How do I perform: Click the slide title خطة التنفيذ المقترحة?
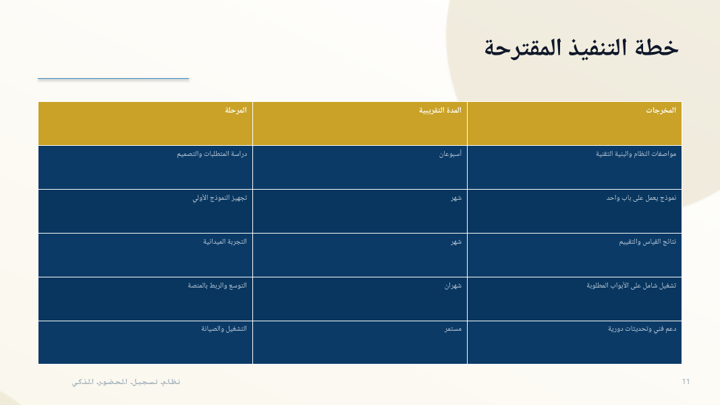pyautogui.click(x=581, y=48)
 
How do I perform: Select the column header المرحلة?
pyautogui.click(x=236, y=110)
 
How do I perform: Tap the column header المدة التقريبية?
pyautogui.click(x=440, y=110)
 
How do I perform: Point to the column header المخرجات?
pyautogui.click(x=661, y=110)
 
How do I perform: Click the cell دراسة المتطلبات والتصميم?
pyautogui.click(x=212, y=154)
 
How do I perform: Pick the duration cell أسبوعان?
pyautogui.click(x=450, y=154)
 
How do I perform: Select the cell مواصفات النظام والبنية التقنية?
pyautogui.click(x=636, y=154)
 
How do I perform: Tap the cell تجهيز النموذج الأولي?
pyautogui.click(x=219, y=198)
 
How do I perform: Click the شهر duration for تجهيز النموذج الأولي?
pyautogui.click(x=456, y=198)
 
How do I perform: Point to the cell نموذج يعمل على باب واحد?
pyautogui.click(x=641, y=198)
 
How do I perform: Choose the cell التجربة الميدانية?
pyautogui.click(x=225, y=242)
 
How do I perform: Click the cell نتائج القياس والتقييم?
pyautogui.click(x=647, y=242)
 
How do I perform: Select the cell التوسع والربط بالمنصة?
pyautogui.click(x=217, y=286)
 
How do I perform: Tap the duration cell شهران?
pyautogui.click(x=453, y=286)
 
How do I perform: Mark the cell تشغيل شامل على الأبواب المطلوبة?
pyautogui.click(x=632, y=286)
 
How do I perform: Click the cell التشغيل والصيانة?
pyautogui.click(x=223, y=329)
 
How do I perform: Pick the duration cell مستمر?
pyautogui.click(x=453, y=329)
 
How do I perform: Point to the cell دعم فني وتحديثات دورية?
pyautogui.click(x=642, y=329)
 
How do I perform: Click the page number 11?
pyautogui.click(x=686, y=381)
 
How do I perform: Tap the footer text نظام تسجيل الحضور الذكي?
pyautogui.click(x=126, y=382)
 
